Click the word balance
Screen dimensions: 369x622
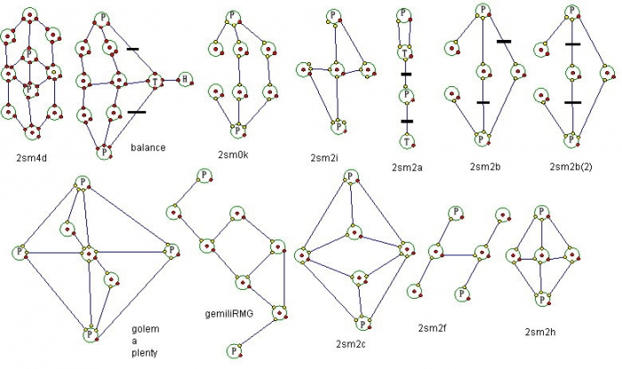[x=148, y=148]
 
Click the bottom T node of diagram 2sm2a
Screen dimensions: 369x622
[x=405, y=141]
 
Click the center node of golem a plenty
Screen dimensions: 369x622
[x=89, y=253]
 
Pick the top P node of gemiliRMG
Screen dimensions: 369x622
[x=204, y=174]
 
